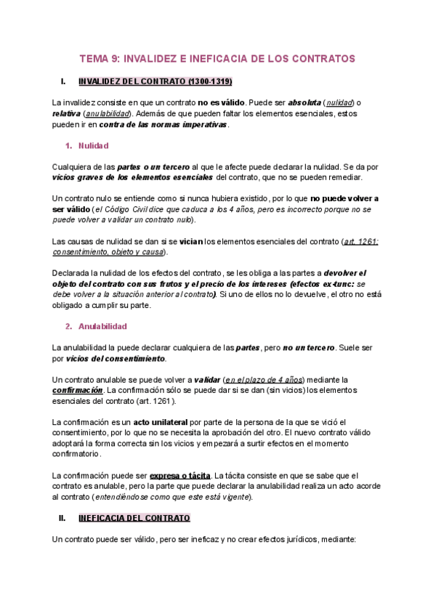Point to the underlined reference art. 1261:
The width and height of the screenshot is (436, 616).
point(361,240)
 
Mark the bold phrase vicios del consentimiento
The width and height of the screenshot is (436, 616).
point(115,359)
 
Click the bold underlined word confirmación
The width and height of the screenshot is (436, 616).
point(77,390)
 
